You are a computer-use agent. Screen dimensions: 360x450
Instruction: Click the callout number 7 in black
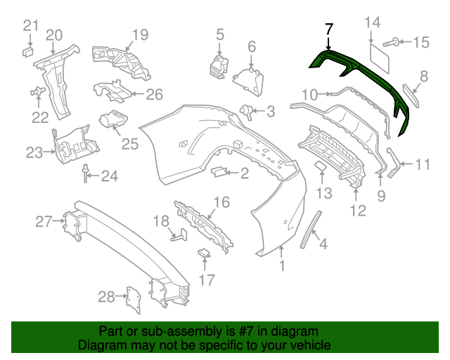329,30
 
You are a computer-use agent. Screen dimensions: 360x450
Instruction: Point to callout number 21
30,26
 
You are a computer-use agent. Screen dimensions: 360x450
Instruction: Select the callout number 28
106,297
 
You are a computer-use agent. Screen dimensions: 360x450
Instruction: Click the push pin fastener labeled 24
86,173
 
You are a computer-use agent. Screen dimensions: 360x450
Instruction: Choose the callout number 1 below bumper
283,266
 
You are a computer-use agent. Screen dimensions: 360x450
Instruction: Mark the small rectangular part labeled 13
321,166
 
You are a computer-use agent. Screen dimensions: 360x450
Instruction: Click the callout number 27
44,222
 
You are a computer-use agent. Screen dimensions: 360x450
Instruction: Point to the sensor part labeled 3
247,109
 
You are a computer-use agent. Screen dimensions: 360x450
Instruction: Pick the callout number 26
153,94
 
